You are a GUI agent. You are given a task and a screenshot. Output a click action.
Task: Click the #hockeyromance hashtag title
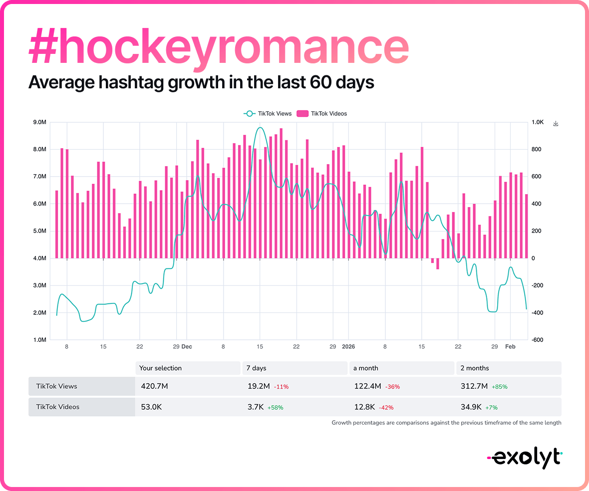pyautogui.click(x=219, y=47)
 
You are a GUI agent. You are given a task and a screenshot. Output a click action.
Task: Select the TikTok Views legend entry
pyautogui.click(x=268, y=113)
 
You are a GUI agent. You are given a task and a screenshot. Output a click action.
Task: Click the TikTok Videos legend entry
pyautogui.click(x=322, y=113)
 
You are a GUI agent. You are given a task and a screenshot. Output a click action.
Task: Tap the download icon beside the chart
pyautogui.click(x=556, y=123)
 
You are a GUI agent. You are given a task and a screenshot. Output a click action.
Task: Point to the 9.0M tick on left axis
pyautogui.click(x=39, y=122)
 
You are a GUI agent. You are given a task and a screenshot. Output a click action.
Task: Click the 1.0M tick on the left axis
pyautogui.click(x=39, y=340)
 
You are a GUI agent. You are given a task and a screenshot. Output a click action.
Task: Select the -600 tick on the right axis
pyautogui.click(x=538, y=340)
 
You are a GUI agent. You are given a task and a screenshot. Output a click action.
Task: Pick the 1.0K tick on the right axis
pyautogui.click(x=538, y=122)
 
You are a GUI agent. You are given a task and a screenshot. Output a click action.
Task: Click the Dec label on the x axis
pyautogui.click(x=186, y=346)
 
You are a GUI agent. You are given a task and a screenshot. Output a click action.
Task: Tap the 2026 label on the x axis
pyautogui.click(x=349, y=346)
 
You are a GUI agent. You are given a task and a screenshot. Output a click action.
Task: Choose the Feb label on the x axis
pyautogui.click(x=510, y=346)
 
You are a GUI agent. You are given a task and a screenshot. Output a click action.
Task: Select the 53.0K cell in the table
pyautogui.click(x=151, y=407)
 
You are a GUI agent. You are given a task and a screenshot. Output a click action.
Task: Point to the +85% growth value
pyautogui.click(x=499, y=387)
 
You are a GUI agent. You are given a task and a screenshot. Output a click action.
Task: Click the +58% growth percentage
pyautogui.click(x=276, y=407)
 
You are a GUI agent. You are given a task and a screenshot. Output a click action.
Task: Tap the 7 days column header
pyautogui.click(x=256, y=368)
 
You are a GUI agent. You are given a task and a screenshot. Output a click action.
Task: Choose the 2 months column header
pyautogui.click(x=474, y=368)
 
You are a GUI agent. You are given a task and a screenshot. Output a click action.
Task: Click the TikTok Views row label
pyautogui.click(x=57, y=386)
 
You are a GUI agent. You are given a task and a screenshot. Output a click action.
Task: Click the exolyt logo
pyautogui.click(x=524, y=456)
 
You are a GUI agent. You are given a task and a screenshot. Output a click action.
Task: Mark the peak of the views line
pyautogui.click(x=260, y=128)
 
